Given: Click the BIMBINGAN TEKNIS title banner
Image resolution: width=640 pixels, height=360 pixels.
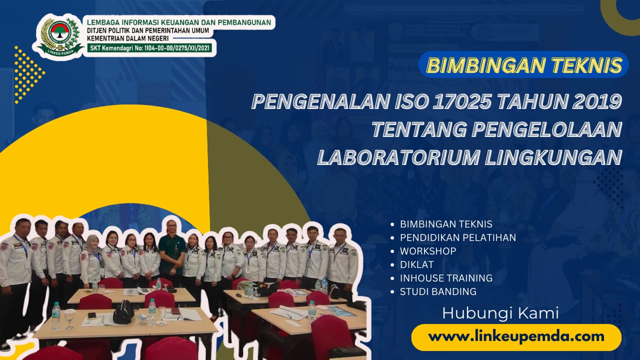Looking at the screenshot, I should point(524,65).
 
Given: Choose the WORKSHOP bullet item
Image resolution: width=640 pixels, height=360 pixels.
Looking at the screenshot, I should point(428,251).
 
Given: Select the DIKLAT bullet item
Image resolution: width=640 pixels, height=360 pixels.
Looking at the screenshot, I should point(417,264).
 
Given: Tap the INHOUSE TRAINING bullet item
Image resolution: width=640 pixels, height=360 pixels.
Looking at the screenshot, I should point(446,278).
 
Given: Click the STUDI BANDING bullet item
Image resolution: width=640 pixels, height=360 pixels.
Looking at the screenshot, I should point(438,291).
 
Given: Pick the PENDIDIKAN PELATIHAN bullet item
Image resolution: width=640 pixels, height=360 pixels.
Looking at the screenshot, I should point(457,237).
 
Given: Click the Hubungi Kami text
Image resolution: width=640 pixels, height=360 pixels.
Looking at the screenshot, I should point(500,314).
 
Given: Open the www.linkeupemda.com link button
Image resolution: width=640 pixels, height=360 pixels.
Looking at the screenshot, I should point(516,337).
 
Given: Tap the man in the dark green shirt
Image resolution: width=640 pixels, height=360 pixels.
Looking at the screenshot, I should point(171,250).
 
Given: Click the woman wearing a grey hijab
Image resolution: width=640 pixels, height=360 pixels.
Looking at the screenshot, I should point(92,257).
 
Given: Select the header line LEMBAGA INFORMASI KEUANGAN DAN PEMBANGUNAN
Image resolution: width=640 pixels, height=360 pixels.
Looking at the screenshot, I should point(179,22).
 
